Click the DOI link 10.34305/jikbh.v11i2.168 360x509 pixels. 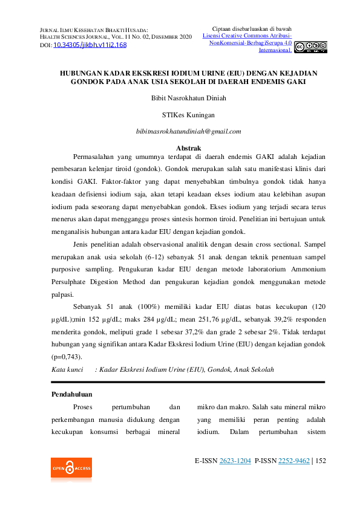90,45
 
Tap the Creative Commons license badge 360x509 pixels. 310,47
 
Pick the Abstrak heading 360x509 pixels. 188,148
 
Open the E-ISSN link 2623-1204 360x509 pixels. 235,461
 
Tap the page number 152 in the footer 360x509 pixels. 321,461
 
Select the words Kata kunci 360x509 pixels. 67,369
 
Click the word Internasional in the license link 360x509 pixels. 275,50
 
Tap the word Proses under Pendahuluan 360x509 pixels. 83,407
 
